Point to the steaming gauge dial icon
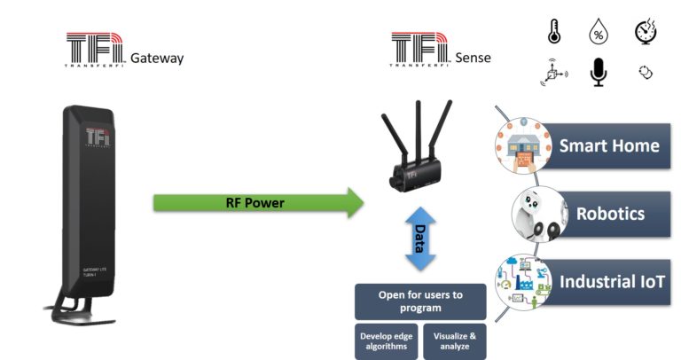click(x=645, y=33)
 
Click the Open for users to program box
click(x=420, y=301)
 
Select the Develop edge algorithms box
click(x=386, y=341)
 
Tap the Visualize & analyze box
click(x=455, y=341)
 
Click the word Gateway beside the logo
click(x=156, y=59)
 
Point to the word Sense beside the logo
click(x=474, y=59)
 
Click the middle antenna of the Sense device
click(x=415, y=124)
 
